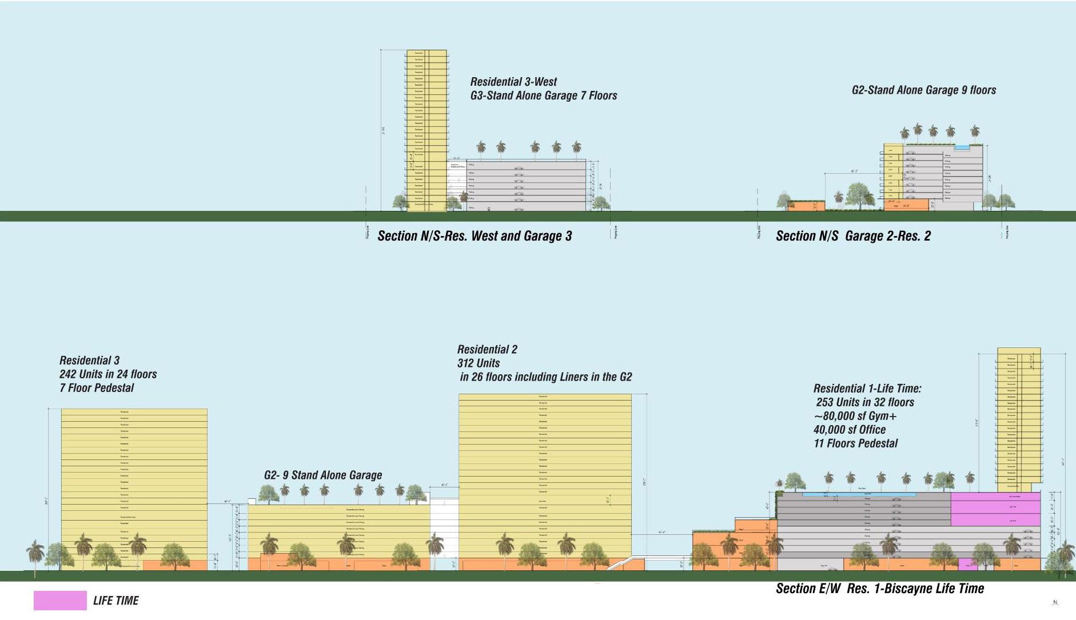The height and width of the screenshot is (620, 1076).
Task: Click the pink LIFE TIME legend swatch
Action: pyautogui.click(x=60, y=600)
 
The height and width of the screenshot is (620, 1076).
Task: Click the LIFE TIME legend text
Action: pyautogui.click(x=115, y=601)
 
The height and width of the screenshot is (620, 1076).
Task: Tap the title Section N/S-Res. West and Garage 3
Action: pyautogui.click(x=475, y=236)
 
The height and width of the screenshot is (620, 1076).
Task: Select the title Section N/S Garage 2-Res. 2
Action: pyautogui.click(x=853, y=236)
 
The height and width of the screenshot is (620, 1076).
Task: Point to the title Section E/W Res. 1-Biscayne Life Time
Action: pyautogui.click(x=879, y=589)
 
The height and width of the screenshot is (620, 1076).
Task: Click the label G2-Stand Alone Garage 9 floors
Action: pyautogui.click(x=923, y=90)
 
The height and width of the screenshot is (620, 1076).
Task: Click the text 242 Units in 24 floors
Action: pyautogui.click(x=108, y=374)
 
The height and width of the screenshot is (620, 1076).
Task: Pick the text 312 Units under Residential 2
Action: pyautogui.click(x=479, y=363)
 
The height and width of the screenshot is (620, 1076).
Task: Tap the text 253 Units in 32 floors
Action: pyautogui.click(x=865, y=402)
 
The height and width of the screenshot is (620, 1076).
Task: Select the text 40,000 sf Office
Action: pyautogui.click(x=850, y=430)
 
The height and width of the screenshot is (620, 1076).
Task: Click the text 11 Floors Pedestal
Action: pyautogui.click(x=856, y=443)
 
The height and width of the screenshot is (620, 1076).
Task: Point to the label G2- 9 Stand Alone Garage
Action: pyautogui.click(x=323, y=475)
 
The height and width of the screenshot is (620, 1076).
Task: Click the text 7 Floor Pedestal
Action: pyautogui.click(x=97, y=388)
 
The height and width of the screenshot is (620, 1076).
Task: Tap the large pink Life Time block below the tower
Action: pyautogui.click(x=995, y=509)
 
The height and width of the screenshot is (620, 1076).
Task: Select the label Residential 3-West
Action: pyautogui.click(x=513, y=82)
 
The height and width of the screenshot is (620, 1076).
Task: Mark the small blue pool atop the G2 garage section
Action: pyautogui.click(x=962, y=147)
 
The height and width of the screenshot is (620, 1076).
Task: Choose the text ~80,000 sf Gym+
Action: pyautogui.click(x=855, y=416)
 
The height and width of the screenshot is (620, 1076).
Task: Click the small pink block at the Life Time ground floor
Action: pyautogui.click(x=967, y=565)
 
